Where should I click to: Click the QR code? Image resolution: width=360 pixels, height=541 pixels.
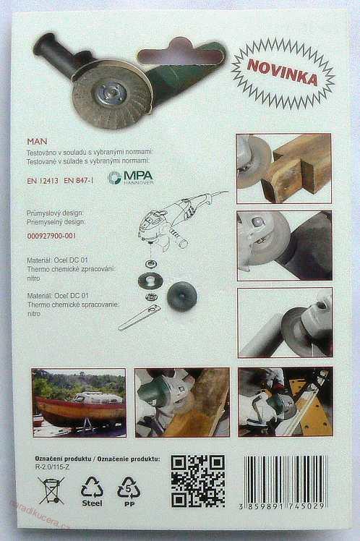[197, 481]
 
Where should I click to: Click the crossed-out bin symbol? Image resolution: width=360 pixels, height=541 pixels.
[51, 490]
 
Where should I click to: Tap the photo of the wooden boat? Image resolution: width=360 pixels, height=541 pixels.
[79, 402]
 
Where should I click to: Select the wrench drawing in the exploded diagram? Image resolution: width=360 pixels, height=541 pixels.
[139, 317]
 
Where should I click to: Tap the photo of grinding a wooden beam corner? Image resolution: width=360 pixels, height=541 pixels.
[274, 168]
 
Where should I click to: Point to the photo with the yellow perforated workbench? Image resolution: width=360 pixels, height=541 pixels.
[285, 402]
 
